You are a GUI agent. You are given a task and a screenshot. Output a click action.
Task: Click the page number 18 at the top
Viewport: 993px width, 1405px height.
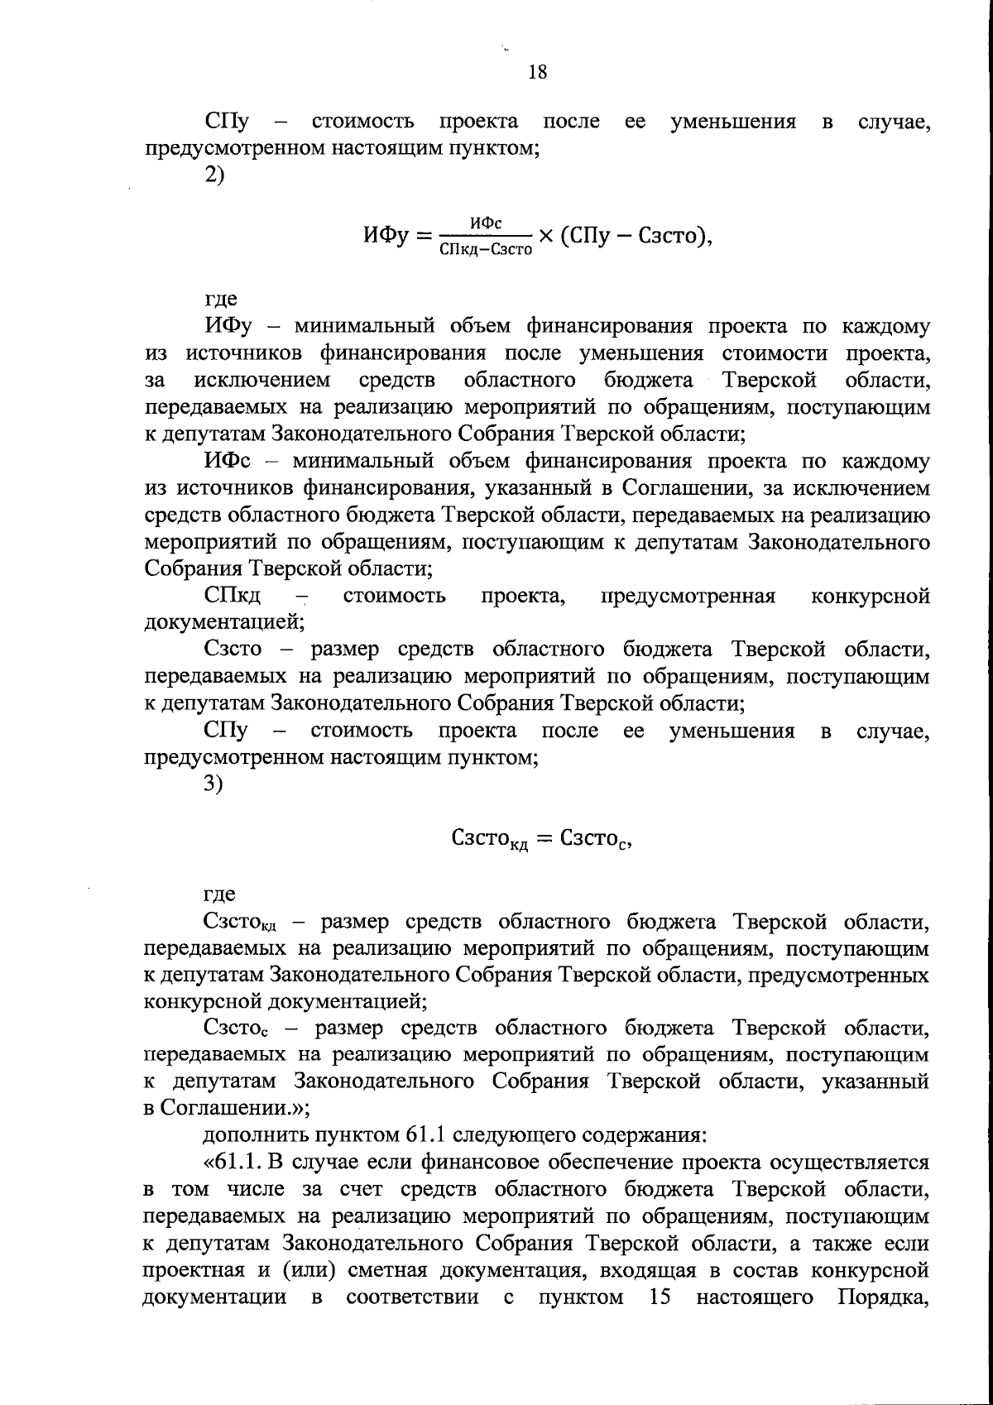[x=537, y=72]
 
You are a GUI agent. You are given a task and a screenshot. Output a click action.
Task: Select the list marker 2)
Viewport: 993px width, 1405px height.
[x=214, y=175]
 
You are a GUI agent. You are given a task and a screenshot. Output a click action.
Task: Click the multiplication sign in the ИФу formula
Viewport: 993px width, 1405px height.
[x=546, y=237]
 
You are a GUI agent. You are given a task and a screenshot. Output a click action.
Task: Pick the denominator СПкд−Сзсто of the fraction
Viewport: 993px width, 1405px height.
[x=487, y=249]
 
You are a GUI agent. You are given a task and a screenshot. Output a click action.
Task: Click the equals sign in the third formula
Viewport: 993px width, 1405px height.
[x=543, y=839]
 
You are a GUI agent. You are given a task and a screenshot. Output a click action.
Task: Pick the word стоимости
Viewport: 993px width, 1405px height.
[x=776, y=354]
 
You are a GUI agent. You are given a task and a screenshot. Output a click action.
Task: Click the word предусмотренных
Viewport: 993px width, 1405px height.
[x=837, y=976]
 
